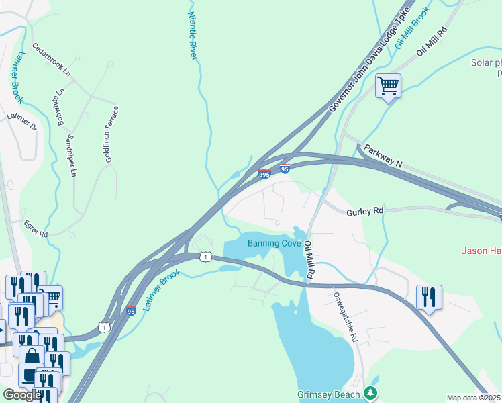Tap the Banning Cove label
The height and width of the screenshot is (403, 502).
pos(274,243)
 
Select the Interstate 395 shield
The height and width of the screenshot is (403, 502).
pos(264,174)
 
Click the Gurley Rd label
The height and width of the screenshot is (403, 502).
pos(364,211)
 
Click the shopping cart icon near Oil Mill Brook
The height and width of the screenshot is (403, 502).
pos(388,86)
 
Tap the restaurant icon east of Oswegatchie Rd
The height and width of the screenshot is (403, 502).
pos(429,297)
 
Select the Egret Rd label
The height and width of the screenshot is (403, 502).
pos(36,230)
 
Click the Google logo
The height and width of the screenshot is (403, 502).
pos(22,395)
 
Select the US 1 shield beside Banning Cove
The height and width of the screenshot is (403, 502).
pos(205,257)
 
